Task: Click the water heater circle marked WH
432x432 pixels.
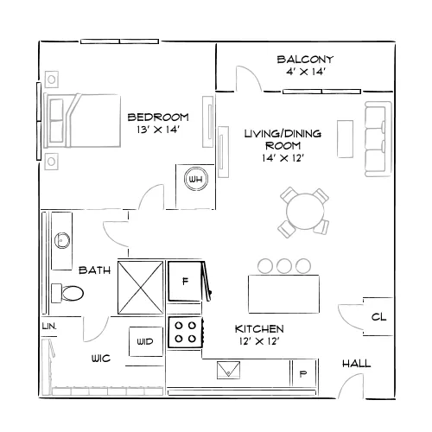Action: tap(196, 179)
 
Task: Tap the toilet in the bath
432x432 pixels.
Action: tap(67, 293)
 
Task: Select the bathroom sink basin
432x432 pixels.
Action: tap(62, 240)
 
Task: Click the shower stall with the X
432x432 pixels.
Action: tap(141, 287)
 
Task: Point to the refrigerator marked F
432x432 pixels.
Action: tap(185, 281)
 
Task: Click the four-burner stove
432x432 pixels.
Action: tap(186, 333)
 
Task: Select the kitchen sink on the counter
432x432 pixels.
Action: tap(228, 370)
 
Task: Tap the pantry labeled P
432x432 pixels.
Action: tap(303, 373)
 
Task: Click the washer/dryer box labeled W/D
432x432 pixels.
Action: tap(146, 341)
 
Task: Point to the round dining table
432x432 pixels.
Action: tap(305, 212)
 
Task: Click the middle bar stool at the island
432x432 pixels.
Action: tap(284, 266)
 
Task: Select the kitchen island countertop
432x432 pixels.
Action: tap(283, 294)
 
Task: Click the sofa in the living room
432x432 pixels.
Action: tap(378, 138)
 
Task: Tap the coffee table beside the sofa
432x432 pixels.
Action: tap(345, 139)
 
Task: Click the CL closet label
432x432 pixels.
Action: tap(378, 317)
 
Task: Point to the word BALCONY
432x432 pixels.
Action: tap(305, 60)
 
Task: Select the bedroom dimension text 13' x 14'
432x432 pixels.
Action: tap(158, 130)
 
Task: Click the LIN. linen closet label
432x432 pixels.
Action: tap(49, 327)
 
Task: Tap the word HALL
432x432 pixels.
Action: tap(356, 364)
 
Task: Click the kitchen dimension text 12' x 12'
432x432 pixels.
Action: tap(259, 341)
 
